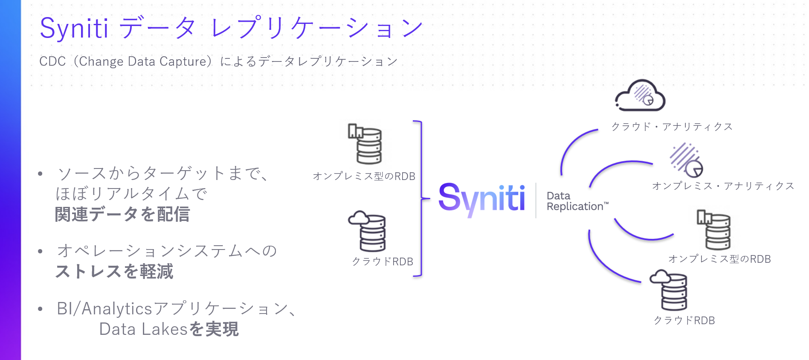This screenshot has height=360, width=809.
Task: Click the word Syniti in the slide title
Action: [74, 29]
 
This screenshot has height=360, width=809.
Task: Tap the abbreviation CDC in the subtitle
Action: [52, 61]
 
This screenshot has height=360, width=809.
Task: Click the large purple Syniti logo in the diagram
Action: [481, 199]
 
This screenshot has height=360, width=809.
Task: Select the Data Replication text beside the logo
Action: [576, 201]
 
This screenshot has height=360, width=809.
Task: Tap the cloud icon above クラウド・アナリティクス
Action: [640, 96]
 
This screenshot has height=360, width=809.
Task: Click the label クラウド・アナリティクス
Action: [672, 127]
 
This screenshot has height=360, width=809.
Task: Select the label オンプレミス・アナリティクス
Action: [723, 186]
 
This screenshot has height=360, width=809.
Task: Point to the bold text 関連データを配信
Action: [122, 214]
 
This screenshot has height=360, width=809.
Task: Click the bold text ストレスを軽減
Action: [114, 271]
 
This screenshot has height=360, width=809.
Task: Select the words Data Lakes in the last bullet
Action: [143, 329]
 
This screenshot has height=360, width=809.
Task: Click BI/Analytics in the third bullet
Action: [104, 308]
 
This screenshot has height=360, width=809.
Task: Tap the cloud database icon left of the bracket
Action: [367, 231]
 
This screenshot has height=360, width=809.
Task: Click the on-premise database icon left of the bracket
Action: [365, 144]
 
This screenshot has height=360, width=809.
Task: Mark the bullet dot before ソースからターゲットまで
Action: [40, 174]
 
